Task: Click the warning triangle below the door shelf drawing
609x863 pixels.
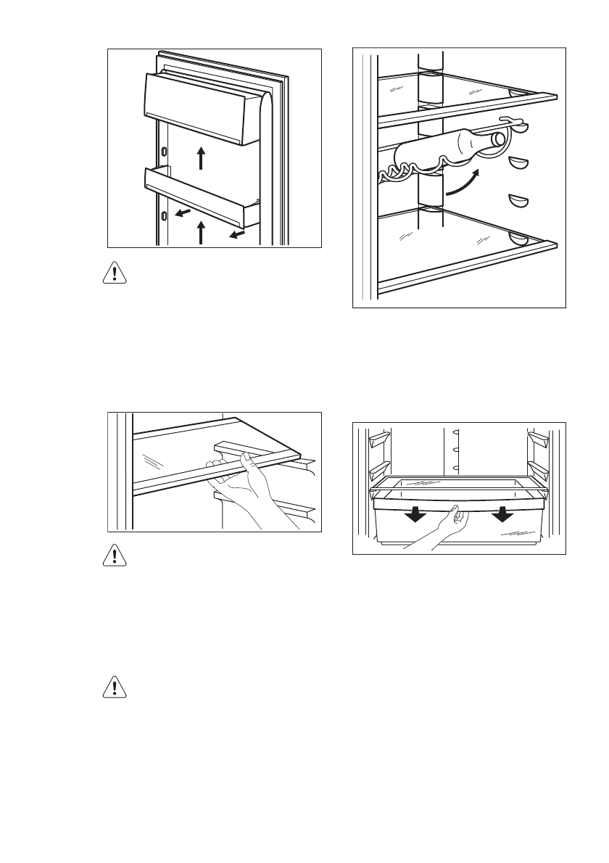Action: point(113,274)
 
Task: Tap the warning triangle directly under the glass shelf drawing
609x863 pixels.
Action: point(113,556)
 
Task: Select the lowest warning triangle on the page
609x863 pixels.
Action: point(113,687)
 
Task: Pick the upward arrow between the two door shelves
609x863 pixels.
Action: point(201,157)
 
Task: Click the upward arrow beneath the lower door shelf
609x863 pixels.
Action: point(202,234)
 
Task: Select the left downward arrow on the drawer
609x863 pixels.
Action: point(415,516)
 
